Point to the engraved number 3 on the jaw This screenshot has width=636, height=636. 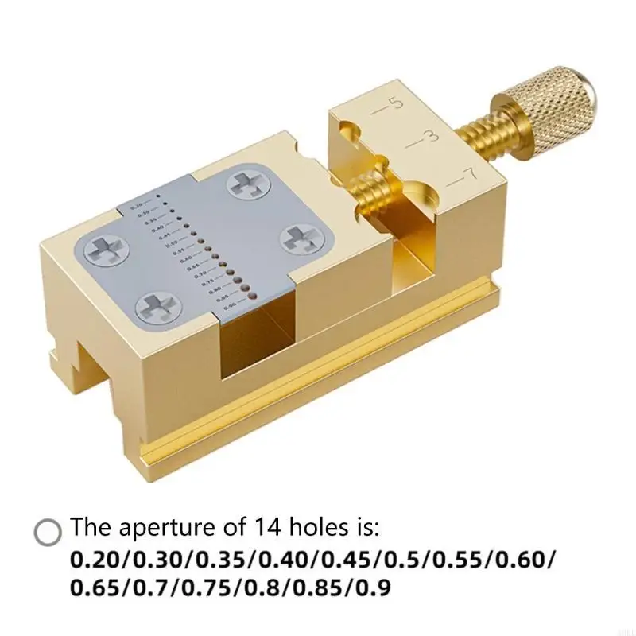tap(430, 136)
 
